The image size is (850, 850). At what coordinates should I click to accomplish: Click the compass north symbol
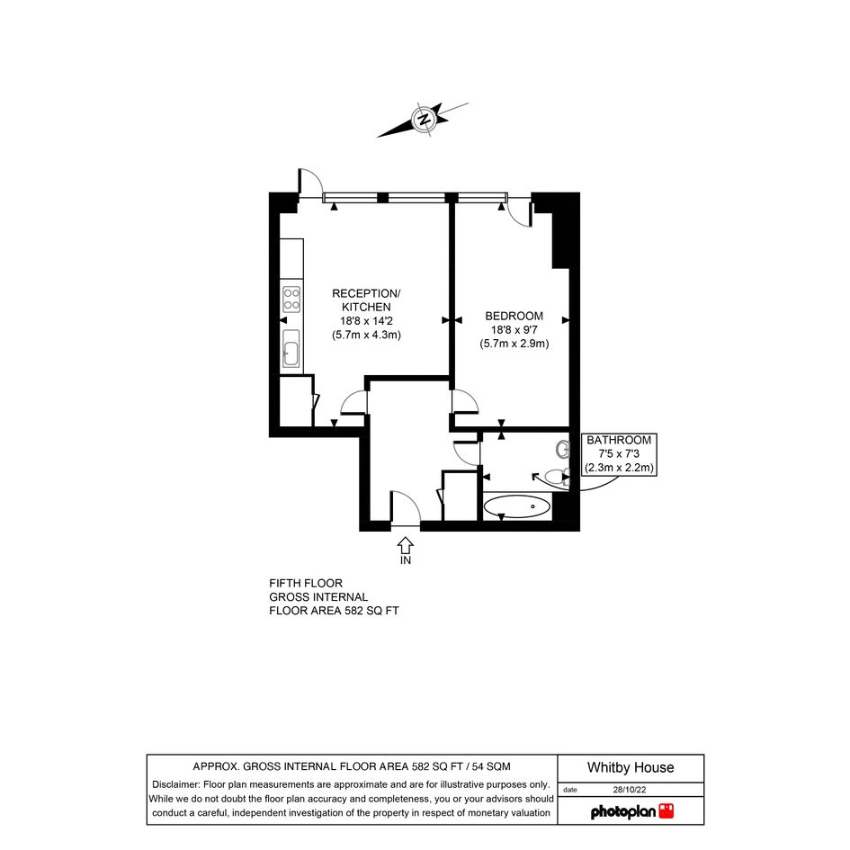point(424,120)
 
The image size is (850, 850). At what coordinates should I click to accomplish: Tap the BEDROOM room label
point(514,316)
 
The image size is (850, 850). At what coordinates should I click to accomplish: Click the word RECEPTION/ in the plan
point(366,294)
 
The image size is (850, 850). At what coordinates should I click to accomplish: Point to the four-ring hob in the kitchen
point(291,299)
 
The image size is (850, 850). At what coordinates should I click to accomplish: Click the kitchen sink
point(291,350)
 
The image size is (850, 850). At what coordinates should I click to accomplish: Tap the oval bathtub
point(516,507)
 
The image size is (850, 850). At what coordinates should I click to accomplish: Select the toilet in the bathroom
point(557,477)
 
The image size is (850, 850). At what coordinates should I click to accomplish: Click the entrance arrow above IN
point(406,545)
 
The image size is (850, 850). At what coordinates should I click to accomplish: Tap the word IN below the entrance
point(406,560)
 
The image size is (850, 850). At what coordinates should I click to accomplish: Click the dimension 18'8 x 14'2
point(366,321)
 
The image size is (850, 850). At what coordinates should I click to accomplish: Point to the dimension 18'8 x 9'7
point(514,329)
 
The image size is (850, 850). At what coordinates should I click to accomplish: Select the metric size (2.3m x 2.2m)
point(619,468)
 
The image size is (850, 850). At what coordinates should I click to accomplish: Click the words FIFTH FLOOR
point(306,583)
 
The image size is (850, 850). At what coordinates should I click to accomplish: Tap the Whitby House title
point(631,767)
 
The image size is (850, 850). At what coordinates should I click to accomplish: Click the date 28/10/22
point(630,790)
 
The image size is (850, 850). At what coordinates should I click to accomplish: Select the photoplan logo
point(632,811)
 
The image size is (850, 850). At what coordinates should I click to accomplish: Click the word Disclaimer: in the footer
point(176,784)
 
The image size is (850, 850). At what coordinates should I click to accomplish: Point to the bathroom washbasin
point(563,450)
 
